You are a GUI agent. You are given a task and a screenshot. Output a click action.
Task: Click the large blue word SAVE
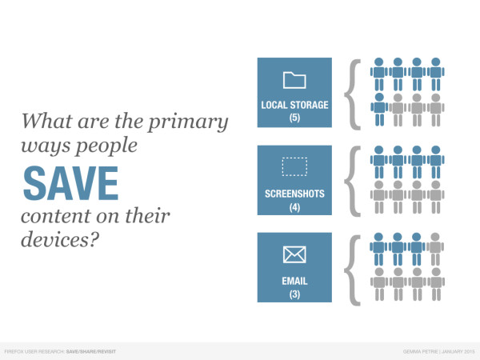pyautogui.click(x=70, y=183)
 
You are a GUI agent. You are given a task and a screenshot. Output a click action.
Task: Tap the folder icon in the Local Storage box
pyautogui.click(x=294, y=80)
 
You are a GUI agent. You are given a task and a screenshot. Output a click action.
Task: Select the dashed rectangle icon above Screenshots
pyautogui.click(x=294, y=166)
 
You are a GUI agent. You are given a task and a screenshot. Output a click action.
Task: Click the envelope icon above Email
pyautogui.click(x=294, y=254)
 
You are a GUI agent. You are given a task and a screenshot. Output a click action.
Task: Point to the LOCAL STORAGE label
pyautogui.click(x=294, y=105)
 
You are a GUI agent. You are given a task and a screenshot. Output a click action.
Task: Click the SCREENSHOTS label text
pyautogui.click(x=294, y=194)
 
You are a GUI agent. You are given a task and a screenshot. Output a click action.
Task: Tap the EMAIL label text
pyautogui.click(x=294, y=281)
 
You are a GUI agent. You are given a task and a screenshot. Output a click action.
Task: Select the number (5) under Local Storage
pyautogui.click(x=294, y=118)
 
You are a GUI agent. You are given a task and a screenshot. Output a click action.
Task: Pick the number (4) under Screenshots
pyautogui.click(x=294, y=207)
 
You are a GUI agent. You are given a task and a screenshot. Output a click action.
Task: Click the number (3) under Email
pyautogui.click(x=294, y=294)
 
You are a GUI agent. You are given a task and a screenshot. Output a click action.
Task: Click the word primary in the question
pyautogui.click(x=188, y=122)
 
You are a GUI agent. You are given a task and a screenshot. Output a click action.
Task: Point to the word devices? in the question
pyautogui.click(x=60, y=238)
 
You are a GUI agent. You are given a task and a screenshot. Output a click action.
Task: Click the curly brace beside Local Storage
pyautogui.click(x=352, y=94)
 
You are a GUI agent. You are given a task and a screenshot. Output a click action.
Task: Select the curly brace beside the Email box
pyautogui.click(x=352, y=270)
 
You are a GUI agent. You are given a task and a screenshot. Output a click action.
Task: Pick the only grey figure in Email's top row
pyautogui.click(x=435, y=249)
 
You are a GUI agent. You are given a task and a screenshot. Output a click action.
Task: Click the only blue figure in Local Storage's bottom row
pyautogui.click(x=379, y=110)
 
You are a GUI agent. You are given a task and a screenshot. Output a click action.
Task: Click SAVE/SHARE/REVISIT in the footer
pyautogui.click(x=91, y=352)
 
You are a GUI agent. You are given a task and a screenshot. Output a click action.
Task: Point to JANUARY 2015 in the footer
pyautogui.click(x=458, y=352)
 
